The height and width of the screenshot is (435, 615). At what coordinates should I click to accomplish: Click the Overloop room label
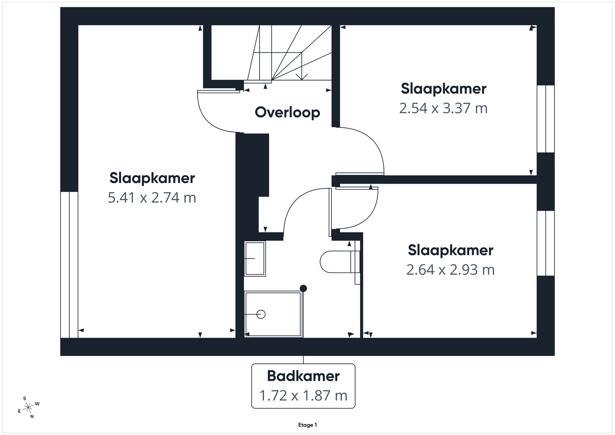coord(288,113)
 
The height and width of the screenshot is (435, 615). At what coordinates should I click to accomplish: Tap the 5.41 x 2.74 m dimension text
coord(152,198)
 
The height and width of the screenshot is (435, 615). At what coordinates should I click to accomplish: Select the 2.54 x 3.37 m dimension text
coord(444,108)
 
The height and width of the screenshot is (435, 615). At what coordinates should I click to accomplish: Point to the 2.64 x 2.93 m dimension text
coord(450,270)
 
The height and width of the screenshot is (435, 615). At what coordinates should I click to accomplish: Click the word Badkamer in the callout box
coord(303,376)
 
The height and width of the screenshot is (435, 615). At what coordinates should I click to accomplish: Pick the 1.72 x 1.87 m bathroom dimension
coord(303,395)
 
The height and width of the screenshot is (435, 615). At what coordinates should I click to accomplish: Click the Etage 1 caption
coord(307,425)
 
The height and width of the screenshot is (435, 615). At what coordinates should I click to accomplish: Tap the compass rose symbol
coord(28,408)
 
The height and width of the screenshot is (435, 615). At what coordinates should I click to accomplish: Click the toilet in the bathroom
coord(340,262)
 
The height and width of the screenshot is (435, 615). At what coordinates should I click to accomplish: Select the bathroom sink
coord(255,259)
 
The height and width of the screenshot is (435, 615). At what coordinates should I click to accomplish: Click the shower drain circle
coord(261,314)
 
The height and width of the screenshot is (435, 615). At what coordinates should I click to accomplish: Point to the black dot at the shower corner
coord(303,289)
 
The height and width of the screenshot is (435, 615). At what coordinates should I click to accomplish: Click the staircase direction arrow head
coord(302,77)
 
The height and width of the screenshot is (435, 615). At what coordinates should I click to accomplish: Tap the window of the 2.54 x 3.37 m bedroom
coord(546,119)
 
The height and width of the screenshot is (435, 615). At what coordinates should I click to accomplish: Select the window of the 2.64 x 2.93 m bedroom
coord(546,243)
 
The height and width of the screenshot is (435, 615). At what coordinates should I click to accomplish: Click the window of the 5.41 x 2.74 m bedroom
coord(69,264)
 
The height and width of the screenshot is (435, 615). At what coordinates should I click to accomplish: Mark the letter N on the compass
coord(32,417)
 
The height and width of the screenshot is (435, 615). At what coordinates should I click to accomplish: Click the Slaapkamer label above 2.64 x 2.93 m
coord(450,250)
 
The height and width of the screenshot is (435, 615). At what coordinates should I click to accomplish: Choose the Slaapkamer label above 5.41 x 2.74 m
coord(152,178)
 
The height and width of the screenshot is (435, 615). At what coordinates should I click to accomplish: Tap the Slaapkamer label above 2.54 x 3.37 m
coord(444,89)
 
